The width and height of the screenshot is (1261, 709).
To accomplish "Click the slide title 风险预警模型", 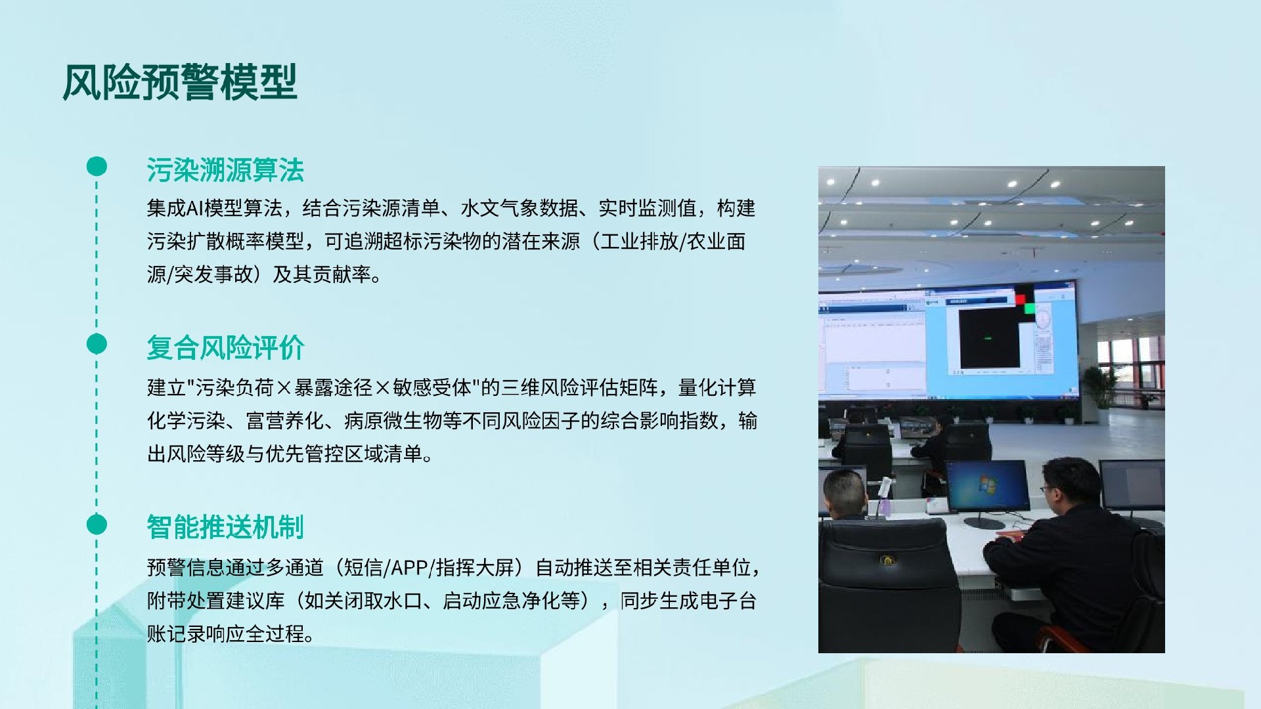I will pyautogui.click(x=180, y=83).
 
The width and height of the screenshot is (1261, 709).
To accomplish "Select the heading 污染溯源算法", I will pyautogui.click(x=225, y=171).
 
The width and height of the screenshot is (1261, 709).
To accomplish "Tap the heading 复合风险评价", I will pyautogui.click(x=225, y=348).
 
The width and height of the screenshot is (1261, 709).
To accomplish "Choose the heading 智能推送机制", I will pyautogui.click(x=225, y=527).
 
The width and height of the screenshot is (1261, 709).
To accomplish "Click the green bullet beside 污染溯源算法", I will pyautogui.click(x=97, y=166).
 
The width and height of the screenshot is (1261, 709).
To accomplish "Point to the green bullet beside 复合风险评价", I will pyautogui.click(x=97, y=344).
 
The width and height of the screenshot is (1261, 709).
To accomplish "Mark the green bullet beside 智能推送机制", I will pyautogui.click(x=97, y=525).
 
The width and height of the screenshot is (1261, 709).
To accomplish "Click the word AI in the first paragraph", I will pyautogui.click(x=195, y=209).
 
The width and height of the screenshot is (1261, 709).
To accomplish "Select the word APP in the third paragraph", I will pyautogui.click(x=409, y=567).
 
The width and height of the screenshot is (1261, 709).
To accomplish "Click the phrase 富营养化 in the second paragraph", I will pyautogui.click(x=285, y=421).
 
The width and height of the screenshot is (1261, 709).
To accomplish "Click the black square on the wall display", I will pyautogui.click(x=989, y=338).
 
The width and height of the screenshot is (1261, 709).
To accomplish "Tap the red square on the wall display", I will pyautogui.click(x=1020, y=300).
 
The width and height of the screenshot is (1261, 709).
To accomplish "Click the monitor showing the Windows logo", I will pyautogui.click(x=987, y=486).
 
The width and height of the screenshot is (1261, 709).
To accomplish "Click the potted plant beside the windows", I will pyautogui.click(x=1101, y=387).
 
